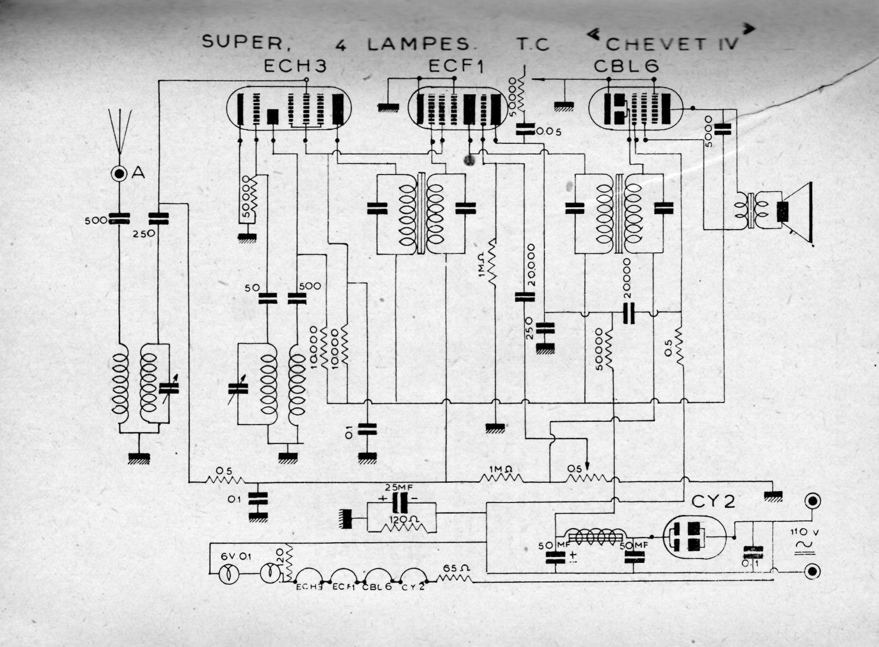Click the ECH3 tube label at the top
click(295, 66)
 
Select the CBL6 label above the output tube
click(626, 66)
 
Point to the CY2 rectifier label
click(713, 502)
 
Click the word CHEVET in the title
click(655, 44)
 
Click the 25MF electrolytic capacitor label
click(399, 487)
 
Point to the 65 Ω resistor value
click(454, 568)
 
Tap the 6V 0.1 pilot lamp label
click(236, 556)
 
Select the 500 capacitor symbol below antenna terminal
click(119, 219)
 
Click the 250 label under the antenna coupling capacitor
click(144, 233)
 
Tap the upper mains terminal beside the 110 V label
click(813, 501)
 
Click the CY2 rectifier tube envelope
click(695, 537)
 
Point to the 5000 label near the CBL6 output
click(709, 131)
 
